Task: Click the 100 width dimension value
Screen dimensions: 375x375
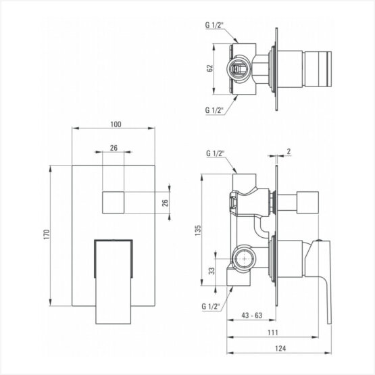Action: pyautogui.click(x=116, y=124)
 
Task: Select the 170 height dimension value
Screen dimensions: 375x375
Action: pyautogui.click(x=47, y=234)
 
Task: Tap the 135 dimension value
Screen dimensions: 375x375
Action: pyautogui.click(x=198, y=230)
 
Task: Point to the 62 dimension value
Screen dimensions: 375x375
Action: pyautogui.click(x=209, y=68)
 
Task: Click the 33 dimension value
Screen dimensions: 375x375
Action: pyautogui.click(x=212, y=271)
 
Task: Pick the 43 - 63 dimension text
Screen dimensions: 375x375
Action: pyautogui.click(x=252, y=316)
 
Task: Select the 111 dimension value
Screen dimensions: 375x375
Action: pyautogui.click(x=273, y=332)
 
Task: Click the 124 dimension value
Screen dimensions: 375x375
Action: pyautogui.click(x=280, y=348)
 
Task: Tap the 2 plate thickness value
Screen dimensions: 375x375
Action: pyautogui.click(x=289, y=151)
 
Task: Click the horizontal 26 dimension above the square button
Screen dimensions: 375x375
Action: pyautogui.click(x=114, y=148)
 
